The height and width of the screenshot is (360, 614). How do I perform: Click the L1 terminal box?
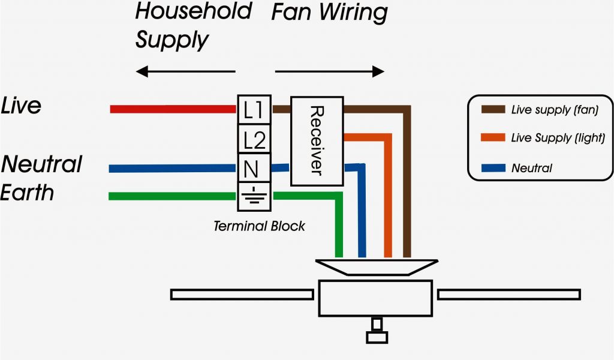pyautogui.click(x=254, y=109)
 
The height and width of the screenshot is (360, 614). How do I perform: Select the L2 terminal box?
pyautogui.click(x=254, y=139)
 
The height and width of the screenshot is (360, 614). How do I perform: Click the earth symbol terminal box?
pyautogui.click(x=254, y=197)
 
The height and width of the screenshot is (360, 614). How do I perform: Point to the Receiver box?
pyautogui.click(x=317, y=140)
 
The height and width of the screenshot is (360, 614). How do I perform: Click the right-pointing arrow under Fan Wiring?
pyautogui.click(x=329, y=72)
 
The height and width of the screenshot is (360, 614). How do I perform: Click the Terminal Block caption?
pyautogui.click(x=259, y=226)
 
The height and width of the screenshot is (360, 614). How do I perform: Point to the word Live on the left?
pyautogui.click(x=22, y=106)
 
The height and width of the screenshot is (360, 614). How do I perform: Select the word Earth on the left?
pyautogui.click(x=28, y=193)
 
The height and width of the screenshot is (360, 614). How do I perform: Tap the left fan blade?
pyautogui.click(x=241, y=295)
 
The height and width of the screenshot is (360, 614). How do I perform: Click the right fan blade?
pyautogui.click(x=508, y=295)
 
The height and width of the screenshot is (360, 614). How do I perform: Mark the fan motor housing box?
pyautogui.click(x=375, y=298)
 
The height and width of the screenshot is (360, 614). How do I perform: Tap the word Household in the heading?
pyautogui.click(x=193, y=11)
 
